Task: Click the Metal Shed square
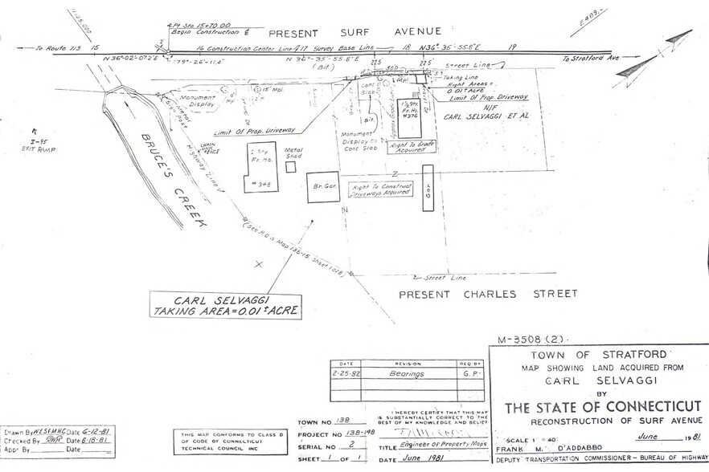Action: pyautogui.click(x=290, y=167)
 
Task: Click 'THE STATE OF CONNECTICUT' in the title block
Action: pyautogui.click(x=602, y=407)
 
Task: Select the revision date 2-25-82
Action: pyautogui.click(x=348, y=373)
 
